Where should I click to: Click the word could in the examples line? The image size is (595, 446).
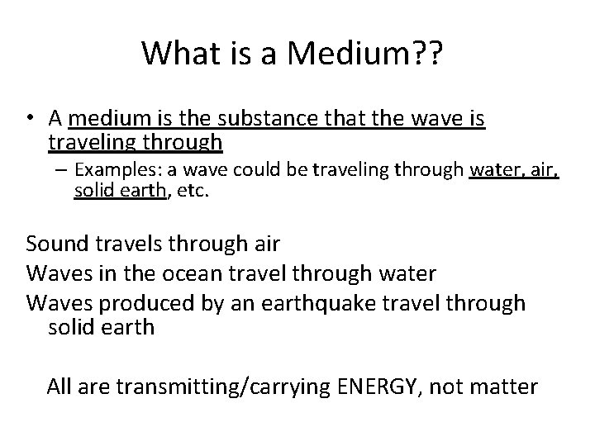(x=245, y=171)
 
